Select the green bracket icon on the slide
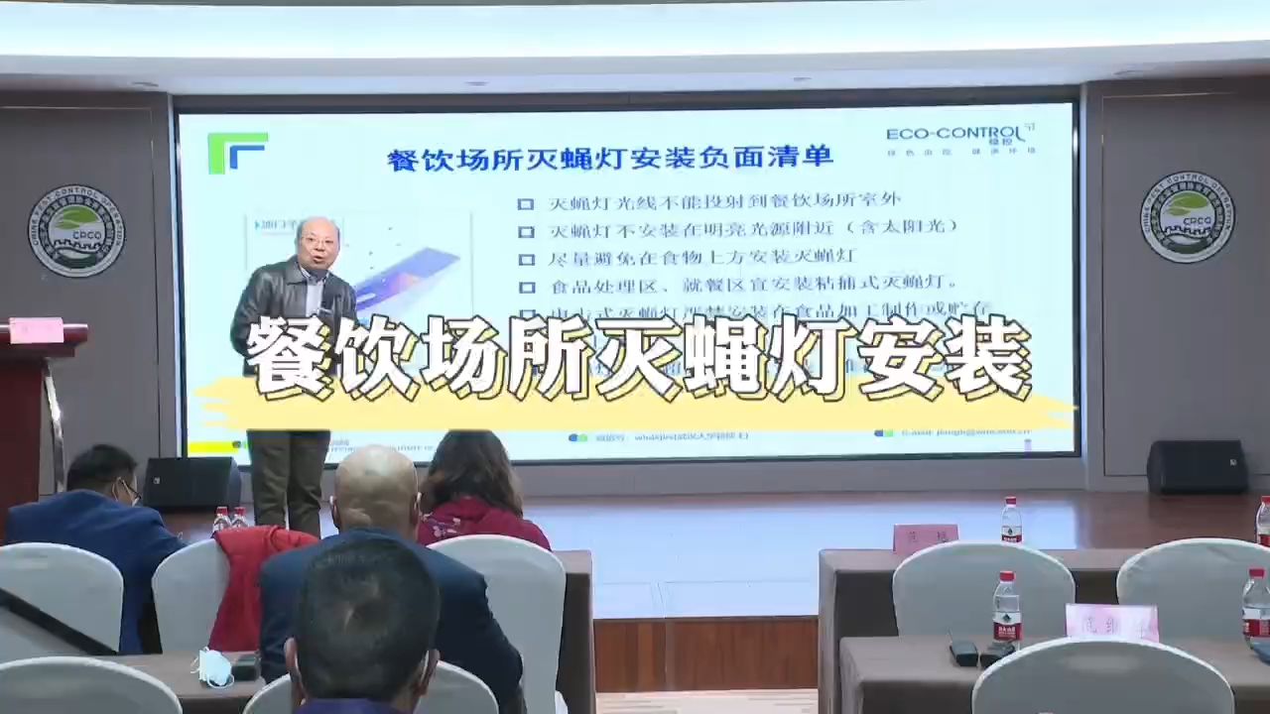(237, 152)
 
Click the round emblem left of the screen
(76, 230)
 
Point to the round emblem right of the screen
(1187, 217)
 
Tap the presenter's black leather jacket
(288, 307)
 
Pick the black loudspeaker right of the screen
(1197, 466)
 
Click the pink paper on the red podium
(37, 330)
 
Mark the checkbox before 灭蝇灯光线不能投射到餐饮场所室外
(525, 204)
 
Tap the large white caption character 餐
(288, 357)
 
